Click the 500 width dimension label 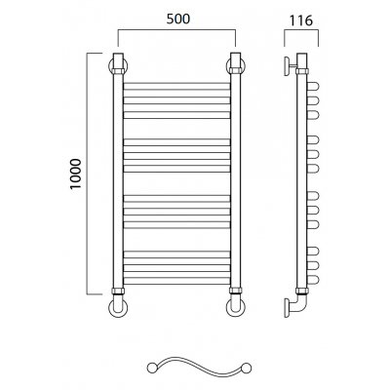pos(177,19)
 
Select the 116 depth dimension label pos(301,20)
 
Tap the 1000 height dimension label pos(75,174)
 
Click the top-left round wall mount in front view pos(110,66)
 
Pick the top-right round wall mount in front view pos(227,66)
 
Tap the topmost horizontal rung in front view pos(176,86)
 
